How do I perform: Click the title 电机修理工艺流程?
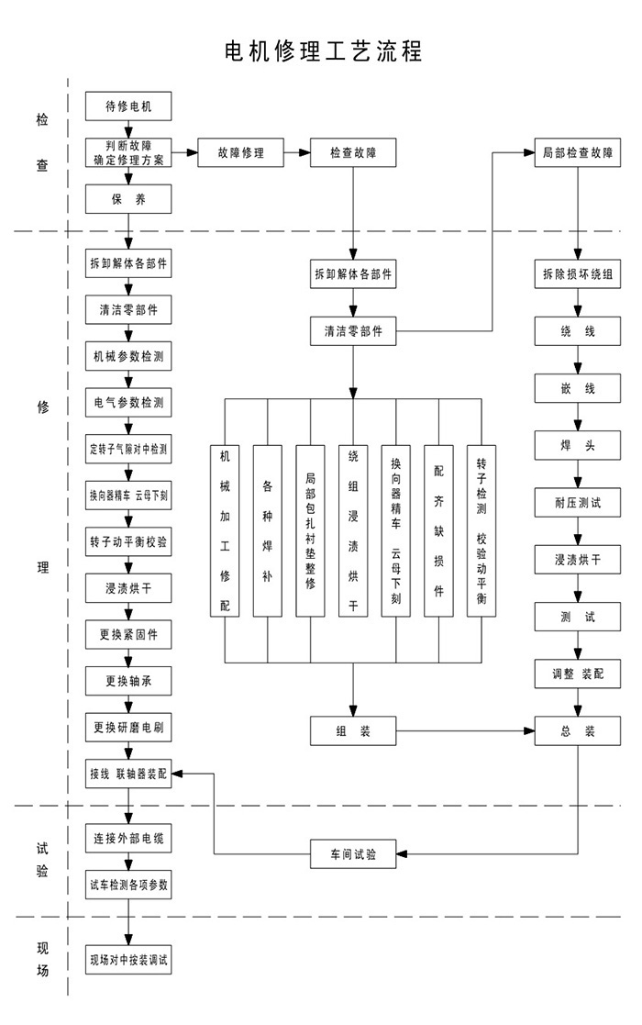(323, 50)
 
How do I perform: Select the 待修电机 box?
(128, 106)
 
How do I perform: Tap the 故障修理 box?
(239, 152)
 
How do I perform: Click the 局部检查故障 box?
(577, 152)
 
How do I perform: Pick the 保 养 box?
(128, 199)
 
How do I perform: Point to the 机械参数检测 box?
(128, 355)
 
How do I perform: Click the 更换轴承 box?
(128, 681)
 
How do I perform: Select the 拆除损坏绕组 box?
(577, 273)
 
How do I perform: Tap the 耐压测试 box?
(577, 502)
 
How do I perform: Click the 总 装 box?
(577, 731)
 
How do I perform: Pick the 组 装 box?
(353, 731)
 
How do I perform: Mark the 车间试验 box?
(353, 854)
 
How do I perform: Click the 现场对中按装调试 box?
(128, 962)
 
